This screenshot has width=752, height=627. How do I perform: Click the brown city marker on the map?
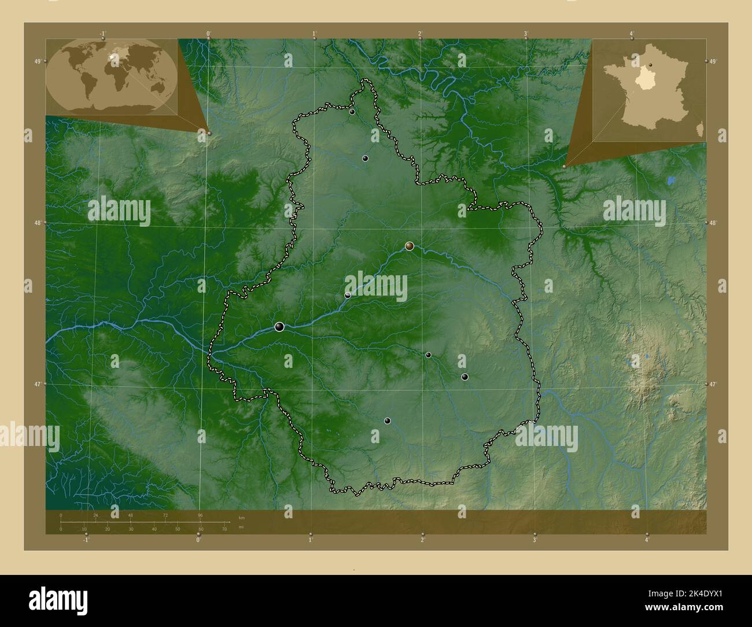click(410, 246)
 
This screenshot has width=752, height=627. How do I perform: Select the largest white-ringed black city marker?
click(280, 327)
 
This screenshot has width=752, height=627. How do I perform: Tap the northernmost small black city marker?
click(352, 112)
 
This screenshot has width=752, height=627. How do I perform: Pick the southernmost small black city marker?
click(388, 421)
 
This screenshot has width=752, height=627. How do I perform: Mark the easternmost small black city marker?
click(465, 377)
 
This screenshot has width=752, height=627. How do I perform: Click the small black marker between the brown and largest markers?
click(348, 295)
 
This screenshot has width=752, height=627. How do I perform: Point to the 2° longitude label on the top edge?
click(421, 34)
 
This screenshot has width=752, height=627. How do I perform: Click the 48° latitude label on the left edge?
click(38, 223)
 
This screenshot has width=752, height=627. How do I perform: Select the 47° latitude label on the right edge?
click(713, 384)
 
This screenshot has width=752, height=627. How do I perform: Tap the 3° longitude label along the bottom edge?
click(535, 540)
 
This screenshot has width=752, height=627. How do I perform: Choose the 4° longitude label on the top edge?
click(632, 34)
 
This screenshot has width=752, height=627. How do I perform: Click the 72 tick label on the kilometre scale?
click(165, 515)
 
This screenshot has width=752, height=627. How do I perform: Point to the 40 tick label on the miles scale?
click(154, 529)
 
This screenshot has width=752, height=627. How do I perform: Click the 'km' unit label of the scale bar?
click(242, 517)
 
